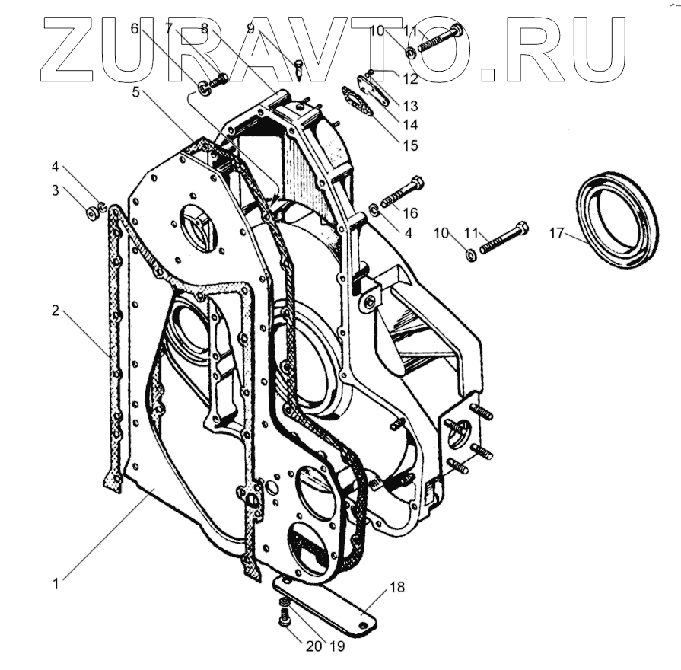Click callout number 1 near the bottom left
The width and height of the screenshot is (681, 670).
56,584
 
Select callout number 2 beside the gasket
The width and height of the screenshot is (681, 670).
56,311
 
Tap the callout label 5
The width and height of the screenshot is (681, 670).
136,91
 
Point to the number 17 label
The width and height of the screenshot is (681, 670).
558,234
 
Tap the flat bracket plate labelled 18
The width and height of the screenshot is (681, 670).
327,605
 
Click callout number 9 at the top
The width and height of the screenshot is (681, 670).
250,29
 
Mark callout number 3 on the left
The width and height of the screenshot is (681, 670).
56,190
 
